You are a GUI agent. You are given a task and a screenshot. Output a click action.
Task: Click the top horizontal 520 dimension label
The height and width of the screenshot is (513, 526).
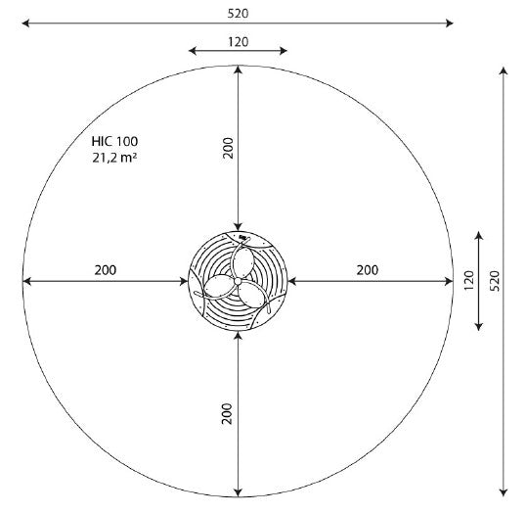[x=238, y=14]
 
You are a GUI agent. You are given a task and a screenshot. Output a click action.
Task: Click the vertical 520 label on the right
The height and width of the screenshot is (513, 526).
[x=495, y=281]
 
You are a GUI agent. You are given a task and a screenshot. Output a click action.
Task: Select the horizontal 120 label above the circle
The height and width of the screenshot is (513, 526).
[x=239, y=42]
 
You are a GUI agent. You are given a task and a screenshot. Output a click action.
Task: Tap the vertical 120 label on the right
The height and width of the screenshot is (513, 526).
[x=468, y=281]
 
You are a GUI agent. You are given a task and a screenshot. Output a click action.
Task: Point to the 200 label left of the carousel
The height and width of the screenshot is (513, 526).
[x=106, y=270]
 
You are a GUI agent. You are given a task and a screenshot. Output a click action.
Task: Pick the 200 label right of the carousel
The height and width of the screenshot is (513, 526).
[x=368, y=270]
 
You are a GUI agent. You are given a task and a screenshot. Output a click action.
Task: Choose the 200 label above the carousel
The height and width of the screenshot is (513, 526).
[x=228, y=148]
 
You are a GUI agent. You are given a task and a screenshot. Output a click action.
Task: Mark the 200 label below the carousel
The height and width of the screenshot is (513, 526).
[x=227, y=413]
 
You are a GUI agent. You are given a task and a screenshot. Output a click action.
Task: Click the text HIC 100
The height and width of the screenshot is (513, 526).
[x=114, y=141]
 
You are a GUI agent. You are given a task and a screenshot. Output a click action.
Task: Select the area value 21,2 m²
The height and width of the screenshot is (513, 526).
[x=114, y=158]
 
